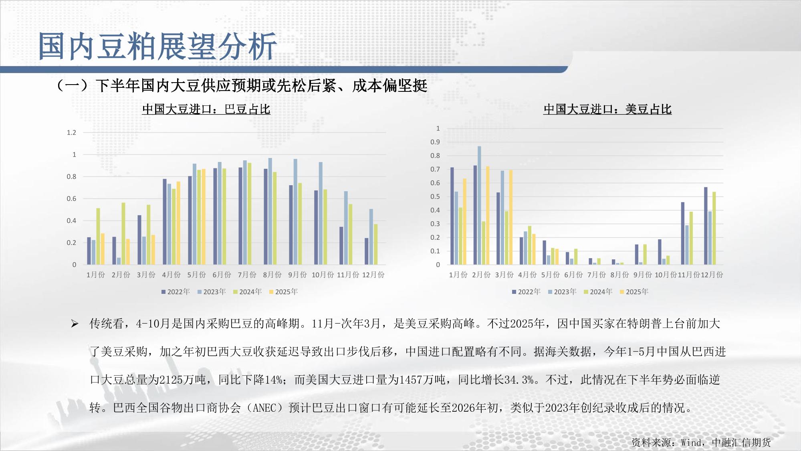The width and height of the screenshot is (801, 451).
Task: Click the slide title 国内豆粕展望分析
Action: (x=157, y=47)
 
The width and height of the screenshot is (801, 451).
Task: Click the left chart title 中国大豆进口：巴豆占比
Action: (x=206, y=109)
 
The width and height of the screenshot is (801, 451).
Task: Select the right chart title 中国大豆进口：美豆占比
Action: (x=607, y=109)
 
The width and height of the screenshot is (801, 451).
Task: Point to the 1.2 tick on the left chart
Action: (x=71, y=133)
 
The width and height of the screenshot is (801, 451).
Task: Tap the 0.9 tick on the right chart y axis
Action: (x=435, y=142)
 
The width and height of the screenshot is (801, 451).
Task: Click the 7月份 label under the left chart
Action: (x=247, y=275)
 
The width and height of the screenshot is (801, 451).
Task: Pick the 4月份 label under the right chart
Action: (x=527, y=275)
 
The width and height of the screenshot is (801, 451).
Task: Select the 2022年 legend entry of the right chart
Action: (x=526, y=292)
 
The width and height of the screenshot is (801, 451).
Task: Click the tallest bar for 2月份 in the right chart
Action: (x=479, y=205)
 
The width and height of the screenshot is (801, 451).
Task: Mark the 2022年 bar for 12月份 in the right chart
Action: (x=706, y=226)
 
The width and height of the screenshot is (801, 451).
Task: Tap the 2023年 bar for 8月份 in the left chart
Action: (x=270, y=211)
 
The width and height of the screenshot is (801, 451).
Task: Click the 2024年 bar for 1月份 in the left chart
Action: (x=98, y=236)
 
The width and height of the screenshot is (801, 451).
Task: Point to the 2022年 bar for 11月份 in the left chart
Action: (x=341, y=246)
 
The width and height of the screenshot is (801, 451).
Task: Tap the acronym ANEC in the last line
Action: (x=265, y=408)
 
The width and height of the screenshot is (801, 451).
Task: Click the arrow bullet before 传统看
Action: (x=75, y=324)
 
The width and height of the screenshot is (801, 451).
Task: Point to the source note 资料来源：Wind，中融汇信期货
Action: (x=701, y=442)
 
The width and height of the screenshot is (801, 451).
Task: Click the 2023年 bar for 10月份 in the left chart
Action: (x=321, y=213)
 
